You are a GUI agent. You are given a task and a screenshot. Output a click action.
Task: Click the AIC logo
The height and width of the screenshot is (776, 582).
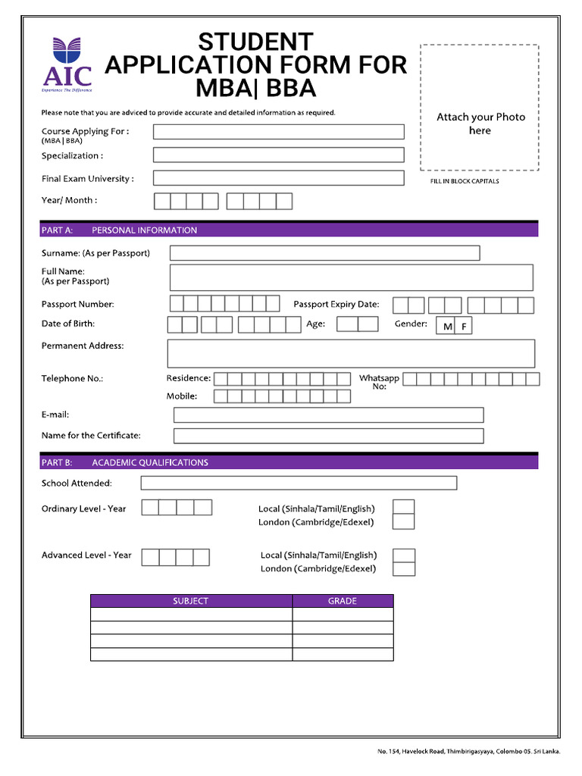[67, 65]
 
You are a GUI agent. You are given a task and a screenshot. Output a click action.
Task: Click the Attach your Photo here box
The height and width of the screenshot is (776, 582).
[479, 108]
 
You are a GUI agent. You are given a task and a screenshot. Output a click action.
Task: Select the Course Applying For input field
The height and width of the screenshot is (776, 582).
[278, 132]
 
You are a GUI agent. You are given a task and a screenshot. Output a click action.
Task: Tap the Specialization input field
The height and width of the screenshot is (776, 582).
[278, 155]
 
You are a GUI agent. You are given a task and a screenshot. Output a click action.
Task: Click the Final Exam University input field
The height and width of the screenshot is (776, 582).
[278, 179]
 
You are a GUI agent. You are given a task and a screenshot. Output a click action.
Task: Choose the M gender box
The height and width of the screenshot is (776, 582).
[447, 327]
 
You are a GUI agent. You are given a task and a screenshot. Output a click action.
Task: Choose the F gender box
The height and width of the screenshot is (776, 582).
[464, 327]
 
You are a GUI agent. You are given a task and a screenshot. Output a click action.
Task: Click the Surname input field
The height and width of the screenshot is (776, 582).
[324, 253]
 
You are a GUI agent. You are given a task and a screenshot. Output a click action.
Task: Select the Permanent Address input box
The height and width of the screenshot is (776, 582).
[350, 353]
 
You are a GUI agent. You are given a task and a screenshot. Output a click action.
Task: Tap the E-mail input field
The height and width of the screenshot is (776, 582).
[328, 415]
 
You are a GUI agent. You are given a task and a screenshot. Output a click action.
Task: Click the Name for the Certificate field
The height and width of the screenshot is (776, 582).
[328, 436]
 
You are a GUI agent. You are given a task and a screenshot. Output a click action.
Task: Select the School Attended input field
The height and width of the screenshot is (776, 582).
[299, 483]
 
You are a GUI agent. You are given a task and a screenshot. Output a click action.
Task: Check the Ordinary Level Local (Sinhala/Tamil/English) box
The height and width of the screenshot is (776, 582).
[404, 507]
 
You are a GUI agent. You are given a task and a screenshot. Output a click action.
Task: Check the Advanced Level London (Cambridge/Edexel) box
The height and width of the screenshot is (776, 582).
[404, 568]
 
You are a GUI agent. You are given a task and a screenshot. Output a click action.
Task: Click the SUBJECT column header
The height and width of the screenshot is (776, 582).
[191, 601]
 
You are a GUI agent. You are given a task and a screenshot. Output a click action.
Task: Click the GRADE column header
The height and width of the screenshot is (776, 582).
[343, 601]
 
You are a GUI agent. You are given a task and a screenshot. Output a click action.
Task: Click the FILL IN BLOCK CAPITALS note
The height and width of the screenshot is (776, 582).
[465, 182]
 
